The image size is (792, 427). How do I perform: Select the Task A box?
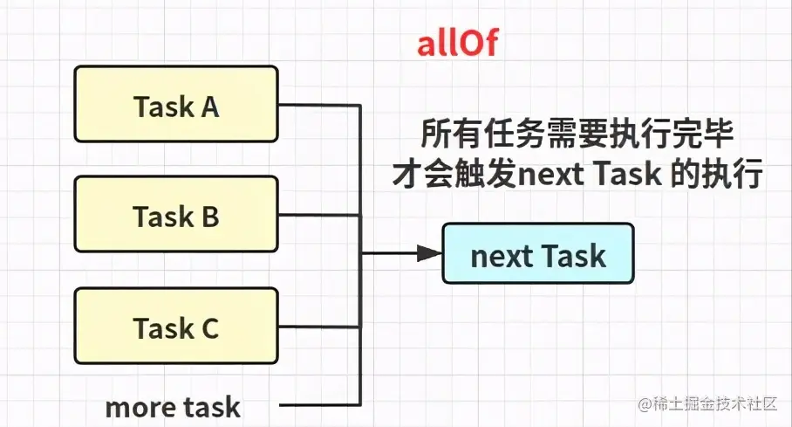pos(176,107)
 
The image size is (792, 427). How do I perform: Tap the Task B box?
pos(176,217)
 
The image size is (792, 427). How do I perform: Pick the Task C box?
pos(176,328)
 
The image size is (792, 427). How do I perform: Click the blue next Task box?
pos(537,256)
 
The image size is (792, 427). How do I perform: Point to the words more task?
pos(173,406)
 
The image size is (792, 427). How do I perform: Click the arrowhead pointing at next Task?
pos(428,254)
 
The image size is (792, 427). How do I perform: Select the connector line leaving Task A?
pos(319,107)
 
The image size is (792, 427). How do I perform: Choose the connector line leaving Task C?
pos(319,328)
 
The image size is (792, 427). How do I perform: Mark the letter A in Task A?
pos(209,107)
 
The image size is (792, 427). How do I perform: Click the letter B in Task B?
pos(209,217)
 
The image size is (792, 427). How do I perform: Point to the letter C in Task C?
pos(209,328)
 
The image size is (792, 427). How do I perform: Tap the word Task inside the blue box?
pos(573,256)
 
